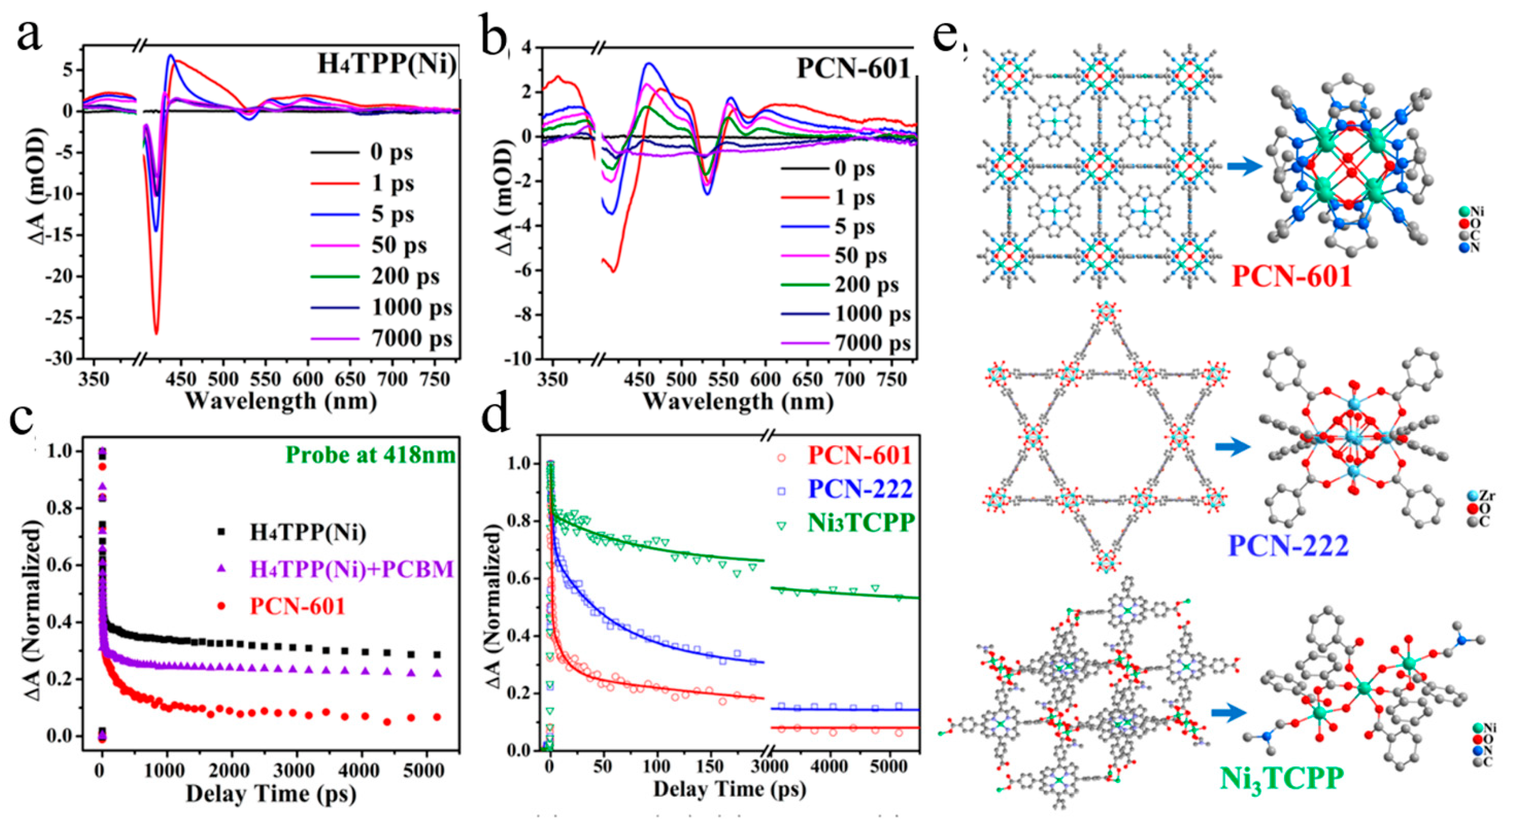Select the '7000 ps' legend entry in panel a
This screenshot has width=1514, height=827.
tap(411, 339)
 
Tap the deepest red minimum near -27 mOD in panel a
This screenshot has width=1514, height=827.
tap(156, 333)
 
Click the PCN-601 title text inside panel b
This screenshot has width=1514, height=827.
tap(853, 69)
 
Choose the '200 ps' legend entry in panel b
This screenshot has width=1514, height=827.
tap(866, 285)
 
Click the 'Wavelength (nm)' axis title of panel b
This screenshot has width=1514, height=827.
tap(738, 401)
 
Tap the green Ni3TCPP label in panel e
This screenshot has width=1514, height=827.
tap(1281, 779)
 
